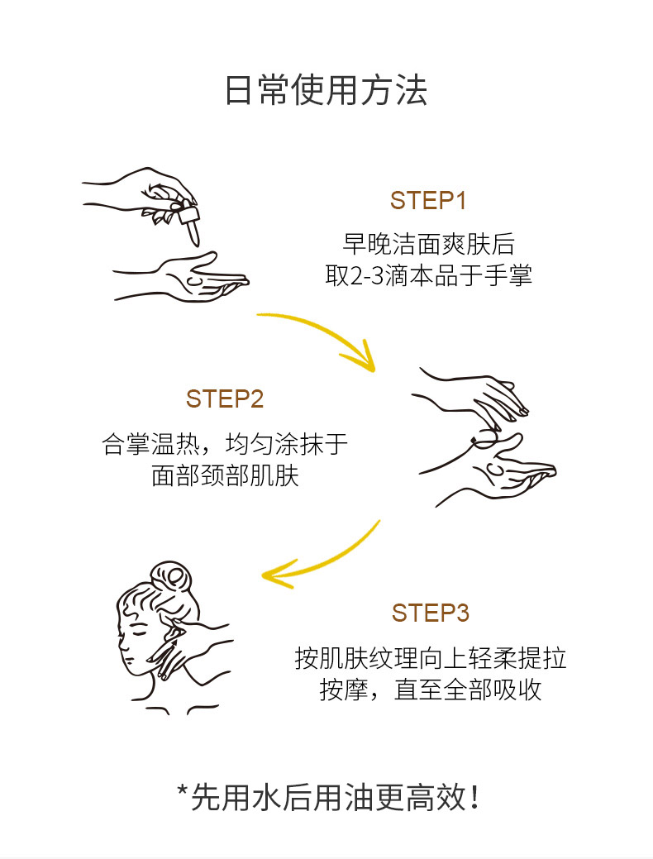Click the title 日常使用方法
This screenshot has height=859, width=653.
(x=326, y=90)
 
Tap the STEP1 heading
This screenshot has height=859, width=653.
(x=428, y=201)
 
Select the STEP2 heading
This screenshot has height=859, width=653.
(x=225, y=398)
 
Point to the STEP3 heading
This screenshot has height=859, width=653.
(x=431, y=613)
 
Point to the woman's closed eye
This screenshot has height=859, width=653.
(x=135, y=632)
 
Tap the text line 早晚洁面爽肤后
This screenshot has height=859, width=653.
(x=428, y=244)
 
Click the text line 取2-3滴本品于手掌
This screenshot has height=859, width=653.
(x=428, y=275)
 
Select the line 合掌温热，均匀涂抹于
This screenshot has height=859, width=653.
(x=225, y=444)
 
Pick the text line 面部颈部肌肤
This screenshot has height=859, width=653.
(x=225, y=475)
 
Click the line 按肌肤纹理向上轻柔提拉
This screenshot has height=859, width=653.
(x=431, y=658)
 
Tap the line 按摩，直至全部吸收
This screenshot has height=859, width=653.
(x=431, y=690)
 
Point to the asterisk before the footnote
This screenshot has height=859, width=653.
(x=183, y=790)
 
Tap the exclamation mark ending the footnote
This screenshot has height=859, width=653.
(x=474, y=798)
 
